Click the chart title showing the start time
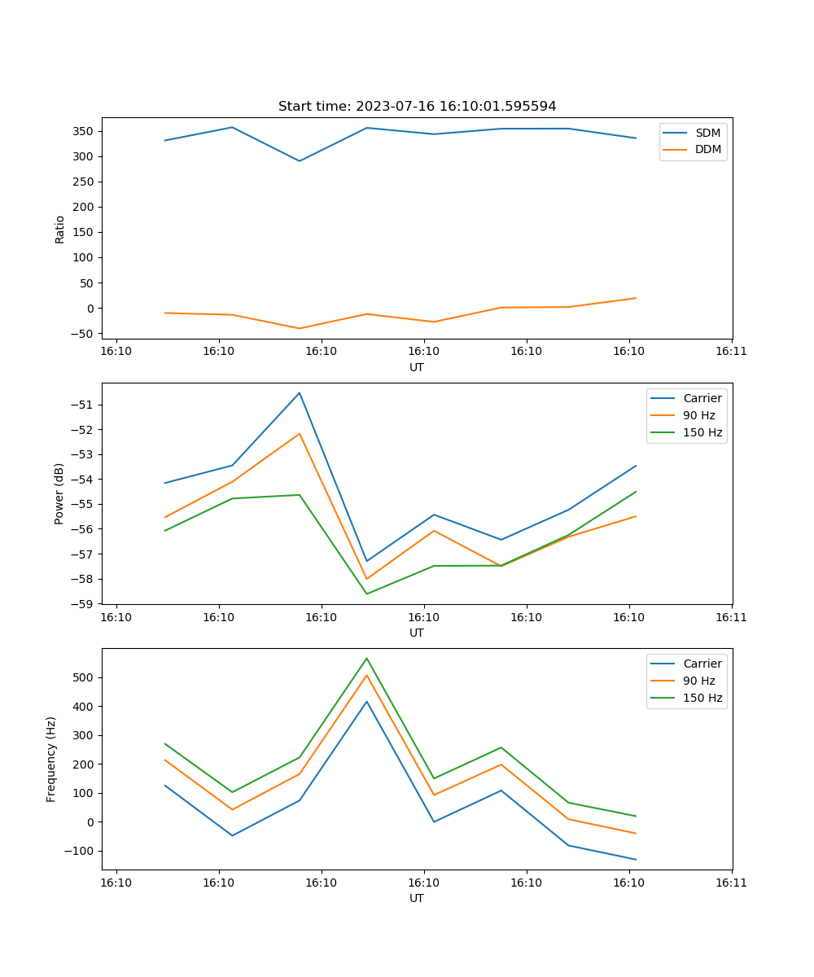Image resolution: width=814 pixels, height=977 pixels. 417,107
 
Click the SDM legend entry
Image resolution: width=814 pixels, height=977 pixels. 707,133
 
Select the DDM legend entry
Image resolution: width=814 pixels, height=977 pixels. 708,150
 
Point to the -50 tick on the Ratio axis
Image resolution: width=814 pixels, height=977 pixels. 82,334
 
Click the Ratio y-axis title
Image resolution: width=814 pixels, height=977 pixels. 59,229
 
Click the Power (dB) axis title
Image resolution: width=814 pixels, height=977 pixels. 59,494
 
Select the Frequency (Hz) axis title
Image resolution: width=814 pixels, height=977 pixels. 51,760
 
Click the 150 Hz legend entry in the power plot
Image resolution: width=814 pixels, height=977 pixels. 702,433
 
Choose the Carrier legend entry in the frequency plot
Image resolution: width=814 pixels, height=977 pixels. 702,664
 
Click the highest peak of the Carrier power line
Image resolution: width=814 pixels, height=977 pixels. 300,393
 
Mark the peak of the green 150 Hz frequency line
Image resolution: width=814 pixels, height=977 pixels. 366,659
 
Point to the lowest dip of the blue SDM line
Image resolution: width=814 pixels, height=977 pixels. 300,161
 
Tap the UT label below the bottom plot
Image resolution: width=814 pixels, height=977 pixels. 417,898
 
